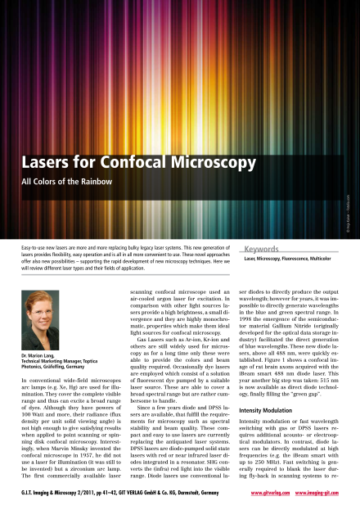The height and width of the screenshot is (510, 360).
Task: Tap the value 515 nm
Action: (327, 359)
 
